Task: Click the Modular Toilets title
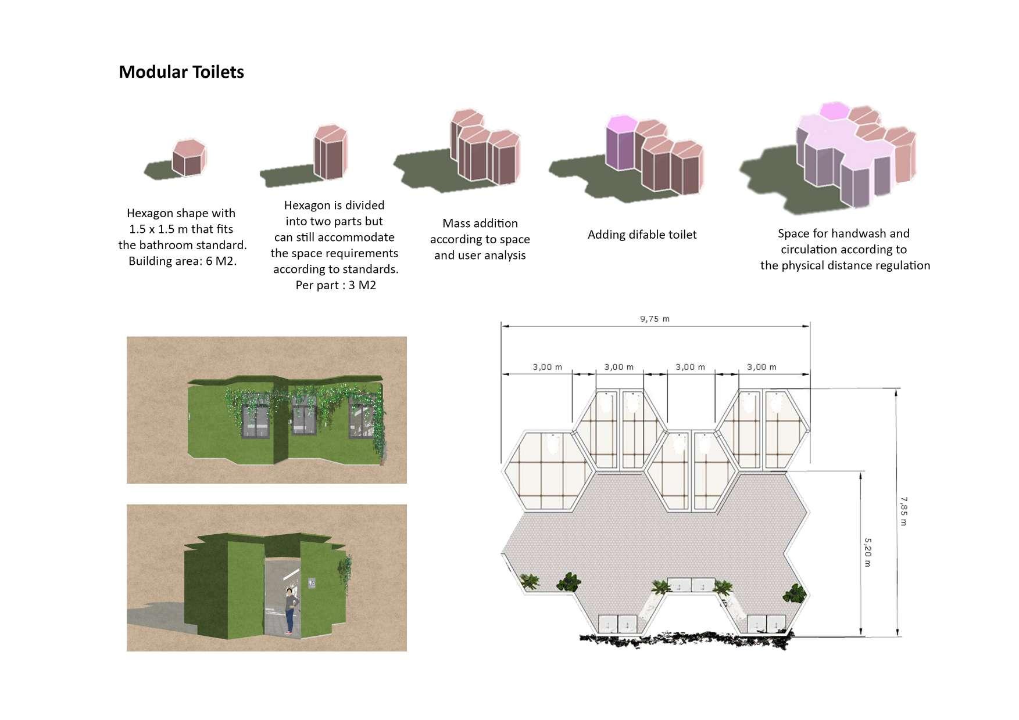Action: click(181, 72)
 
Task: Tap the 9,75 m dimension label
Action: click(655, 319)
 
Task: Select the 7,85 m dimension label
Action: click(903, 511)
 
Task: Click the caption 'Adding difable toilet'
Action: click(642, 235)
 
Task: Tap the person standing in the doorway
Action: click(290, 610)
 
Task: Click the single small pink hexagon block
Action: click(189, 157)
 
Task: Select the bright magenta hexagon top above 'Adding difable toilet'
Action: click(620, 124)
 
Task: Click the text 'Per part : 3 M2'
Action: click(335, 285)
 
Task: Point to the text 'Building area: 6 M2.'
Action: click(183, 261)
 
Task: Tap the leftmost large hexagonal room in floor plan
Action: click(549, 471)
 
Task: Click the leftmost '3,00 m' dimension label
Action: click(547, 367)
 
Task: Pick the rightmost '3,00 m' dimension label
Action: click(761, 367)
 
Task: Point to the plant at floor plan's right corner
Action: click(794, 593)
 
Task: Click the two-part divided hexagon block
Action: click(330, 152)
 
